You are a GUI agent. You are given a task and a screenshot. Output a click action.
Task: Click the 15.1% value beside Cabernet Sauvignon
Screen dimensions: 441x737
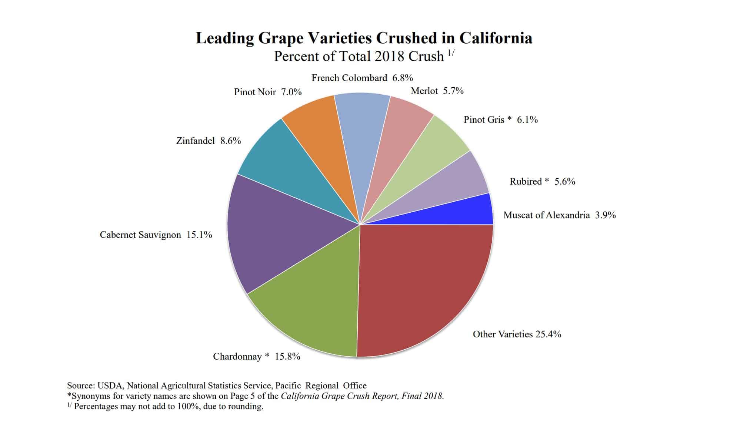199,235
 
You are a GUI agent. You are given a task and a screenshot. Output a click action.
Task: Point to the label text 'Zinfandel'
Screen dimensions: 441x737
195,141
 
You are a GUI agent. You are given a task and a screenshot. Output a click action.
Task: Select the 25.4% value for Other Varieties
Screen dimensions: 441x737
548,334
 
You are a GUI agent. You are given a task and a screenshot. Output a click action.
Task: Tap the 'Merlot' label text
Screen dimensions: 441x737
424,91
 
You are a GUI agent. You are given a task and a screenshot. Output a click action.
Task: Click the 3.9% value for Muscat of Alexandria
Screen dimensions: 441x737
605,215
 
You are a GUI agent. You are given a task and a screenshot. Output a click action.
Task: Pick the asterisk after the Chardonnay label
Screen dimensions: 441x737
267,356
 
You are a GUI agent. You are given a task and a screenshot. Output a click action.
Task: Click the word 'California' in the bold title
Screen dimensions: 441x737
496,38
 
